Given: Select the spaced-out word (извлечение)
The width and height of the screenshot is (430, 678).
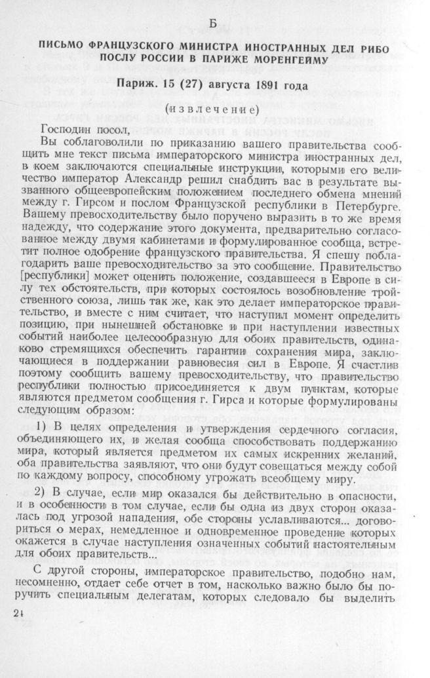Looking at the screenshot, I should (x=213, y=108).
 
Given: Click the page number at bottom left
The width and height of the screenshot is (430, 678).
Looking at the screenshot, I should (x=17, y=612).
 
